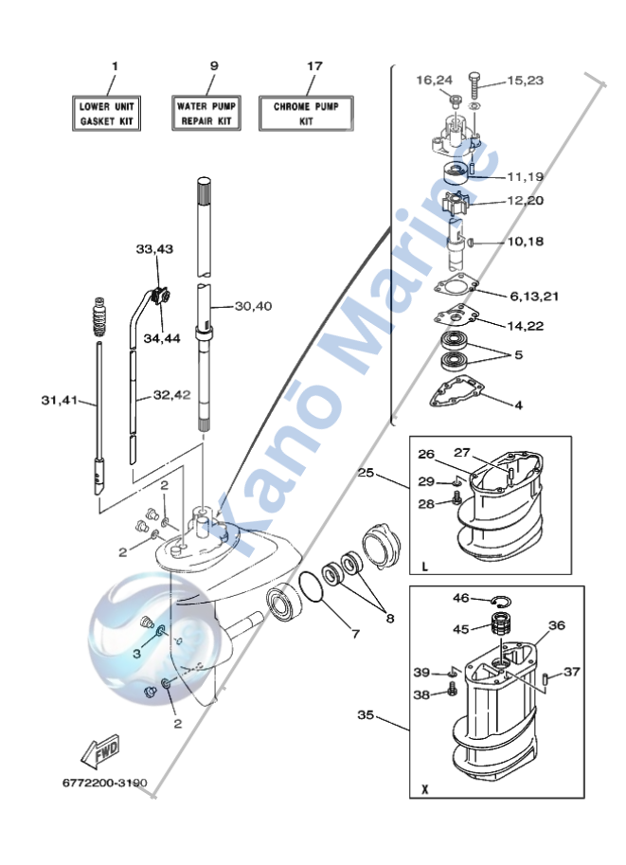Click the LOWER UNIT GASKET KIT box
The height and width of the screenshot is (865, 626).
pos(106,113)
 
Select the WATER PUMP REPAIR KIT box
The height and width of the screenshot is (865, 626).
pos(206,113)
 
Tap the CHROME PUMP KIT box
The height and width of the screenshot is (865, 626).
pos(306,113)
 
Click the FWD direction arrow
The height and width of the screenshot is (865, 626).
pos(100,751)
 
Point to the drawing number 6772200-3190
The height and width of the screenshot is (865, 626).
pos(105,783)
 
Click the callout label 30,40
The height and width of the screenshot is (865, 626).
pos(253,306)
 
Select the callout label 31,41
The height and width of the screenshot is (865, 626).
pos(60,400)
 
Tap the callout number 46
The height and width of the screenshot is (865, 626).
pos(460,598)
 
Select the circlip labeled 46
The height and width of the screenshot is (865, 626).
pos(501,602)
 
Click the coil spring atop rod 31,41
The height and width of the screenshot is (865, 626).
pos(99,316)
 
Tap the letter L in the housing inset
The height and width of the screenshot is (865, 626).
pos(424,566)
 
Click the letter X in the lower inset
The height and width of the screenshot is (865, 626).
pos(424,789)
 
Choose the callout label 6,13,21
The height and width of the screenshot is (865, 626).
pos(534,297)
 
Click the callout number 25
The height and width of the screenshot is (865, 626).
pos(366,472)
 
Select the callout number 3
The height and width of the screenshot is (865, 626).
pos(136,654)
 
